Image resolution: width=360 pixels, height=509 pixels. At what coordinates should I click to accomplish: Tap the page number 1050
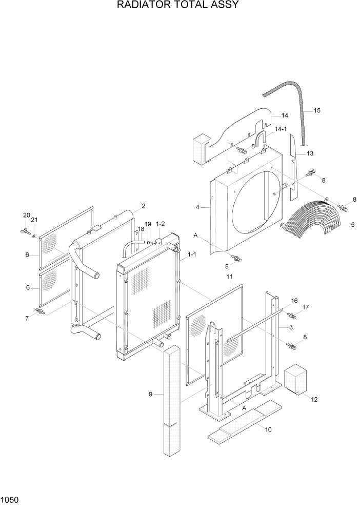pyautogui.click(x=10, y=499)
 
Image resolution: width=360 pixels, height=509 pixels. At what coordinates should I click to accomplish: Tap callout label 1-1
pyautogui.click(x=192, y=254)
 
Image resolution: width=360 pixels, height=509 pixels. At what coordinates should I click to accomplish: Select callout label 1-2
pyautogui.click(x=160, y=224)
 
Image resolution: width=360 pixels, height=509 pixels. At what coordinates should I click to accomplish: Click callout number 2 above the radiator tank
pyautogui.click(x=144, y=206)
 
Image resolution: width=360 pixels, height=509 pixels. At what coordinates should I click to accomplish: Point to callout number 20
pyautogui.click(x=26, y=215)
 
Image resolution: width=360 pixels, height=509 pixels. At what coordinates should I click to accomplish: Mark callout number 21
pyautogui.click(x=34, y=220)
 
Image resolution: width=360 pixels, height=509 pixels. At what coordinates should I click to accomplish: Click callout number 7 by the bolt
pyautogui.click(x=26, y=318)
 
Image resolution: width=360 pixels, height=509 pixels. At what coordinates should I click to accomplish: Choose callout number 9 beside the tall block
pyautogui.click(x=151, y=394)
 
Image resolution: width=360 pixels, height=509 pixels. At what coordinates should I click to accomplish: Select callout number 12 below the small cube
pyautogui.click(x=314, y=399)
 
